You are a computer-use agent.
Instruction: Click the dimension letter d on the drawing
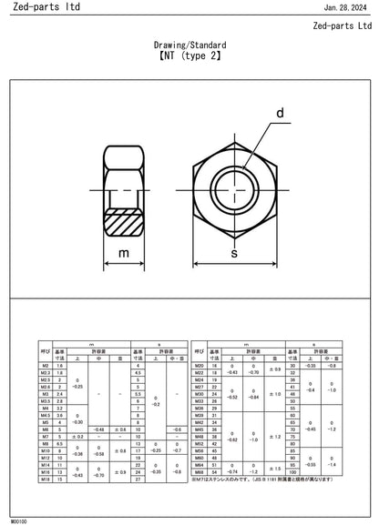pyautogui.click(x=280, y=114)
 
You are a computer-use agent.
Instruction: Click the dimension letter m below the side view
pyautogui.click(x=125, y=252)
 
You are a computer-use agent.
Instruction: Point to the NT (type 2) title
pyautogui.click(x=190, y=56)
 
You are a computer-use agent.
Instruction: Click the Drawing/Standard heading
pyautogui.click(x=190, y=44)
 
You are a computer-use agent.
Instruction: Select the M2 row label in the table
pyautogui.click(x=46, y=365)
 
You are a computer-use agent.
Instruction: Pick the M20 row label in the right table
pyautogui.click(x=199, y=365)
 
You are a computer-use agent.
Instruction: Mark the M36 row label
pyautogui.click(x=199, y=409)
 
